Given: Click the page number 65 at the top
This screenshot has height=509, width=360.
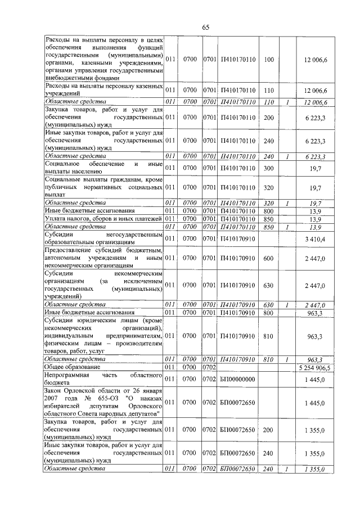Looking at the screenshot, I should [205, 28].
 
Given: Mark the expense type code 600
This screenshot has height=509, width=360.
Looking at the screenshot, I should [268, 258].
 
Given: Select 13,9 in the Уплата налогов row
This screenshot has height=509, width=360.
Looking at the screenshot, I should [315, 218].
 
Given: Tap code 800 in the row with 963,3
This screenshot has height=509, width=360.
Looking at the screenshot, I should [268, 312].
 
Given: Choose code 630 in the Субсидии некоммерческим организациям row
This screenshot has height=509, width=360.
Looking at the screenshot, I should [268, 285].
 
